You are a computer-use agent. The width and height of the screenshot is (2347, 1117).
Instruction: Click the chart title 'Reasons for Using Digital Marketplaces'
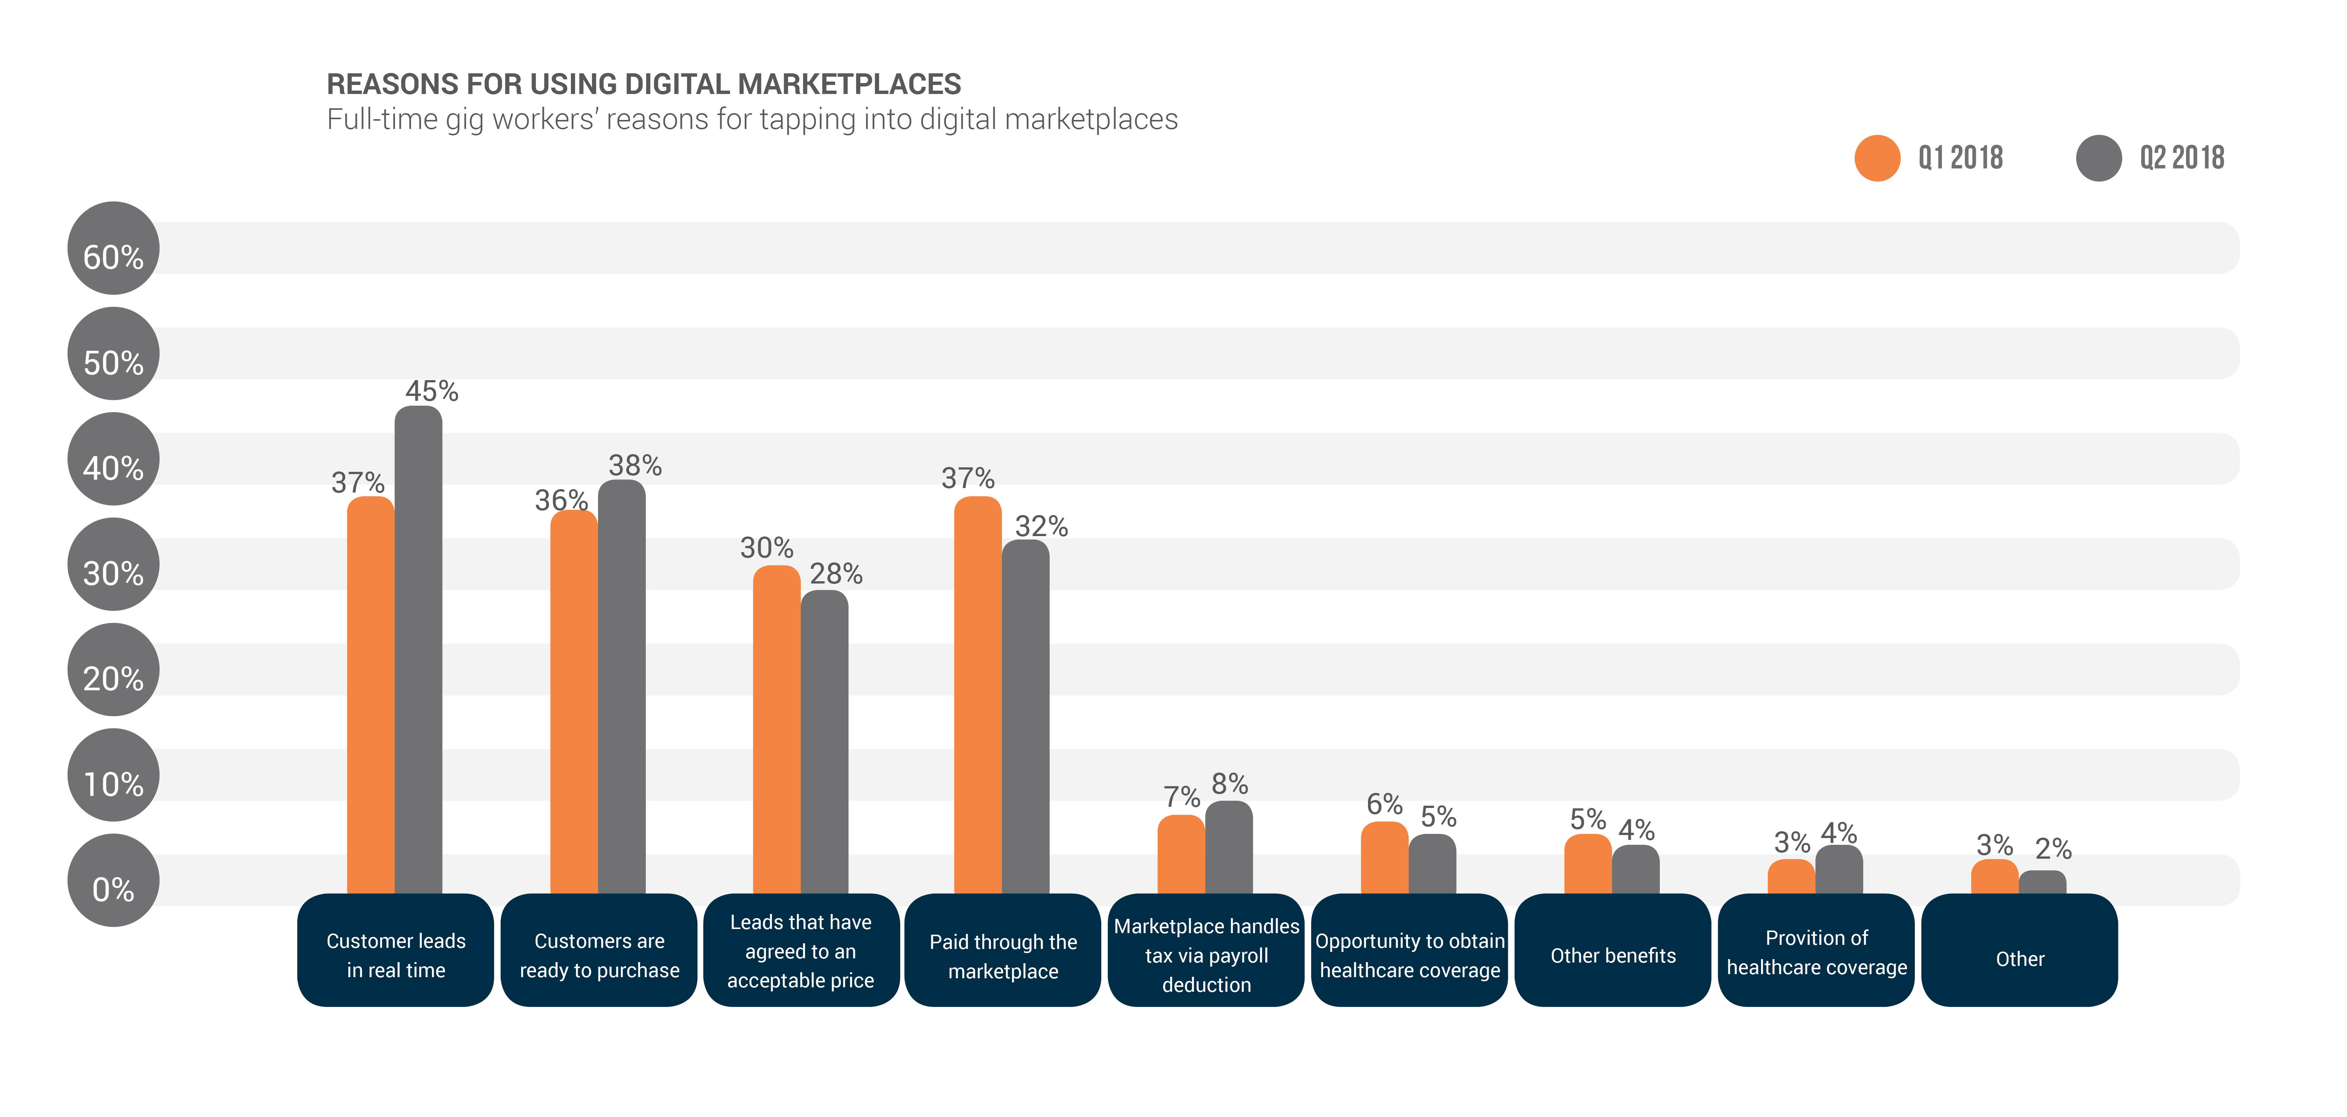tap(643, 84)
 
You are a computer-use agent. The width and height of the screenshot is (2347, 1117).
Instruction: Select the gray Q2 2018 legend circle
tap(2098, 159)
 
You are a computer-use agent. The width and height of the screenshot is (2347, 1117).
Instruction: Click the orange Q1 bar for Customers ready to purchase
tap(574, 702)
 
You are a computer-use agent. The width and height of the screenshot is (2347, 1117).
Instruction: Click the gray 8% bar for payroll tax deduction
tap(1229, 847)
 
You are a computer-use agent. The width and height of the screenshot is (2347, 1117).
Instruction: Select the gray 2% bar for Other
tap(2043, 882)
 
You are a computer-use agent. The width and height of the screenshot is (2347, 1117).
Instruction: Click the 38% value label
tap(635, 465)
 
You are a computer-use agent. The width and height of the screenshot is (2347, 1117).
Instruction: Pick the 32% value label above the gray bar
tap(1041, 526)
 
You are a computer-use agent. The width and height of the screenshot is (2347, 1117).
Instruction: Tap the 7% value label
tap(1182, 797)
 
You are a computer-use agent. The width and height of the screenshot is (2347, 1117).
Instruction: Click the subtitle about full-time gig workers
tap(751, 119)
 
